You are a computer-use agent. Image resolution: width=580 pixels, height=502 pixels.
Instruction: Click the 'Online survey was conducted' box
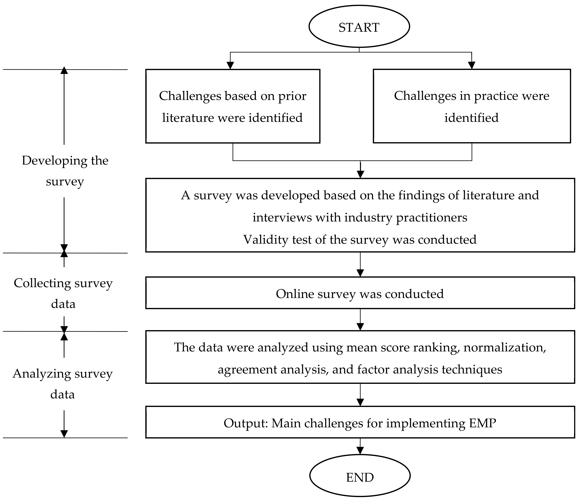360,293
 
